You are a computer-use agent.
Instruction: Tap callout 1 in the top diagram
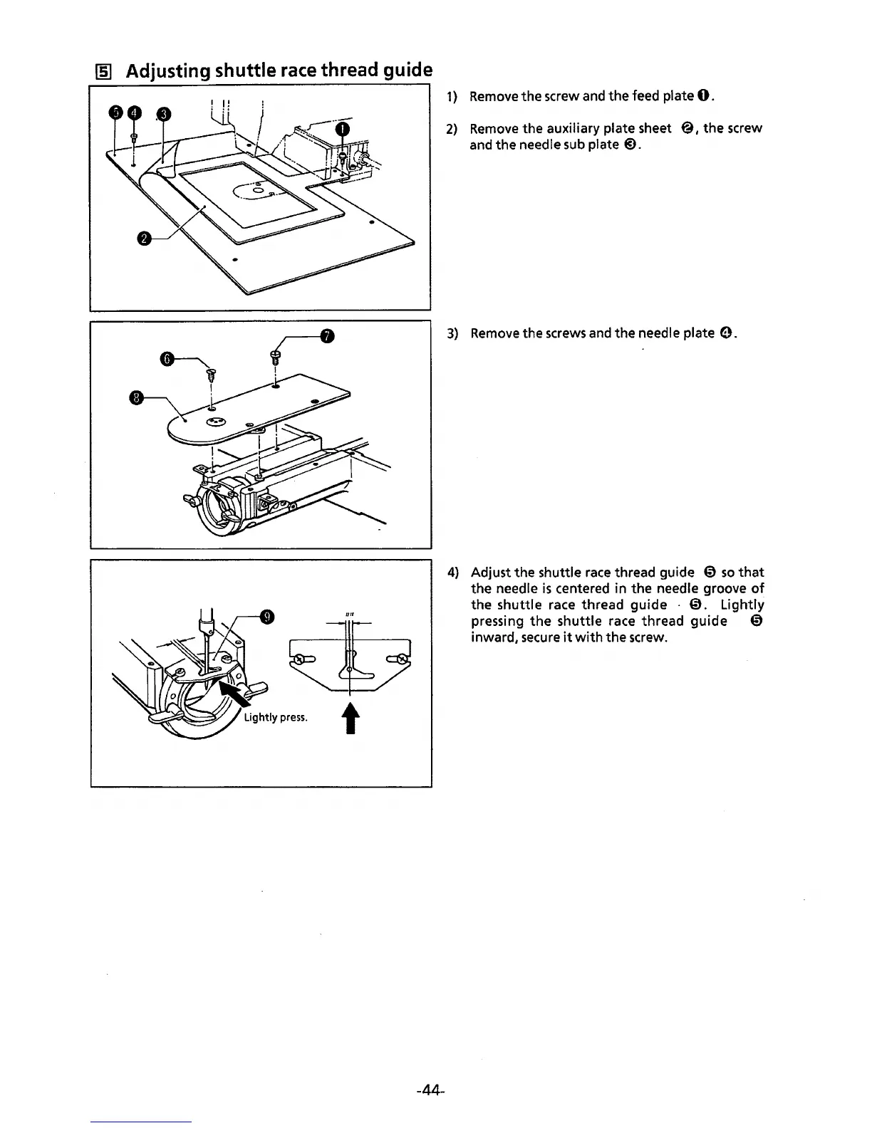pos(343,129)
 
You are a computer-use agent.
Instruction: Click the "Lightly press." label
pos(276,717)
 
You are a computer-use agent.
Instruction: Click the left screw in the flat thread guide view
pos(302,659)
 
